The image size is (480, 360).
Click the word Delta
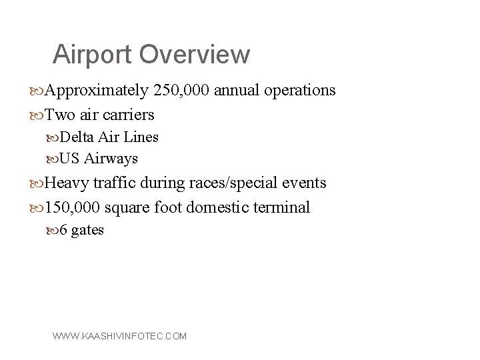77,137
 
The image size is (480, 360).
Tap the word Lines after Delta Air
141,137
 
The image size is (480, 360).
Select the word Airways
111,159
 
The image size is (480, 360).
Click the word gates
87,231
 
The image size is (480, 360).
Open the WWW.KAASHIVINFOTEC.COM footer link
120,337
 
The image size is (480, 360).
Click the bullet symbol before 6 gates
53,231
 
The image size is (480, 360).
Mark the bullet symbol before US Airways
53,159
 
